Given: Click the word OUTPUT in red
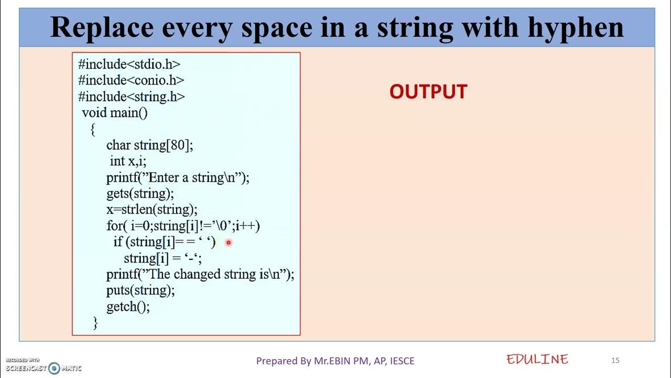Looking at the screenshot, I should [428, 92].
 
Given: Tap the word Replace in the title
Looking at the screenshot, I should [103, 27].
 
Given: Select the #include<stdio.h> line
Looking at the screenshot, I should [129, 64].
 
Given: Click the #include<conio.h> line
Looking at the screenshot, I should [131, 80].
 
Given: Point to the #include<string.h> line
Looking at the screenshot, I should [132, 97].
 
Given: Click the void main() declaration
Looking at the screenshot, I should [115, 112].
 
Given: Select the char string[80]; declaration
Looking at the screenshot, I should [149, 145].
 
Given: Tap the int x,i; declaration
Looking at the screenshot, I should [128, 161].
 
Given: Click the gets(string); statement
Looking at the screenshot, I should [139, 193].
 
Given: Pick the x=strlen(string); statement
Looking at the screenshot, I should [151, 209].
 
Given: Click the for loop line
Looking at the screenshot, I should [183, 226].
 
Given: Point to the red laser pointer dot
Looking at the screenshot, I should [229, 243].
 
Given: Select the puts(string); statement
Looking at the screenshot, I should [140, 290].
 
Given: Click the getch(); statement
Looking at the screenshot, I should [128, 307].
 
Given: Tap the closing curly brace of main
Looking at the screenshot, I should [95, 322].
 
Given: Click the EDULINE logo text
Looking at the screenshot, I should [537, 360].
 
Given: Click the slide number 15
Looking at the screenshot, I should [615, 360].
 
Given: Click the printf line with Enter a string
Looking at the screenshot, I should [178, 177].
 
